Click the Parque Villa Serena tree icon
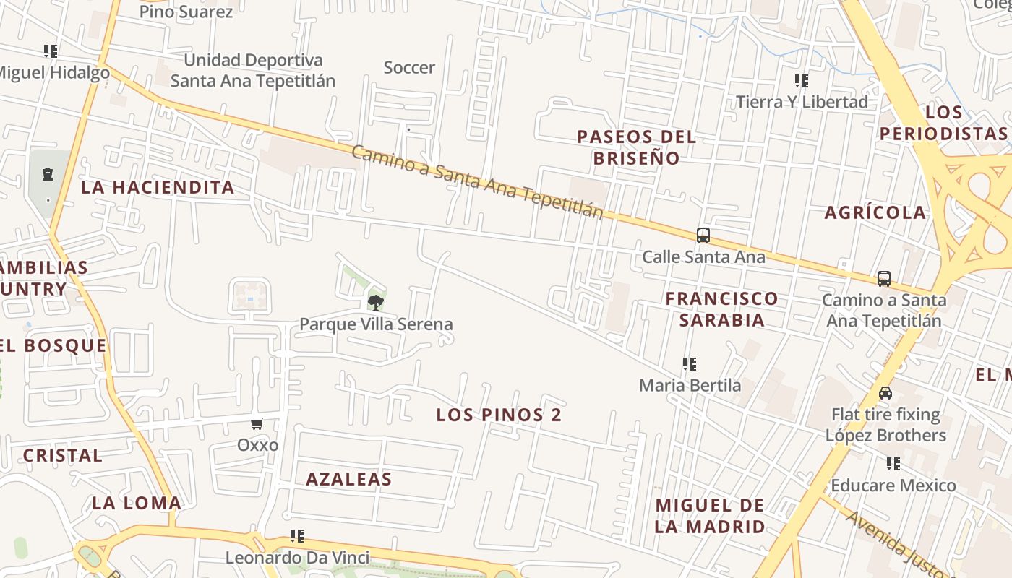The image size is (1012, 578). pos(375,302)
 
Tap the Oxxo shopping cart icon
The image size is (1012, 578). pos(257,423)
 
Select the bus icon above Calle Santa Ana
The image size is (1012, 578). pos(703,235)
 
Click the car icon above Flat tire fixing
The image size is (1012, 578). pos(885,393)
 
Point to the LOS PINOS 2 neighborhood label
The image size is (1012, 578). pos(499,415)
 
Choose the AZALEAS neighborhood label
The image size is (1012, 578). pos(348,479)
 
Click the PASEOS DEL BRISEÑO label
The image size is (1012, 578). pos(636,147)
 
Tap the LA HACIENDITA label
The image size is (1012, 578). pos(158,187)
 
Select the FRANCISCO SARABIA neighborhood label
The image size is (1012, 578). pos(721,309)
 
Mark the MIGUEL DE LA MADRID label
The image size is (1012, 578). pos(710,516)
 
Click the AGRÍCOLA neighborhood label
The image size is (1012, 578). pos(875,212)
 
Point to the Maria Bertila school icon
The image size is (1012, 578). pos(690,364)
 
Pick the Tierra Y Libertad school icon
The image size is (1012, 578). pos(801,80)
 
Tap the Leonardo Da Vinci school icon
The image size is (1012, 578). pos(296,536)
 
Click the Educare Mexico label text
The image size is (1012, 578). pos(893,485)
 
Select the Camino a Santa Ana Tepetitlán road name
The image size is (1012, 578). pos(477,181)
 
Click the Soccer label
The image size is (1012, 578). pos(409,68)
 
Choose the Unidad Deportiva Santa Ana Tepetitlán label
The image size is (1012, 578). pos(253,70)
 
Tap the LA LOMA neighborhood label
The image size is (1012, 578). pos(137,503)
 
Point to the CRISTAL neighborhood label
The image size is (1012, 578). pos(63,456)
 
